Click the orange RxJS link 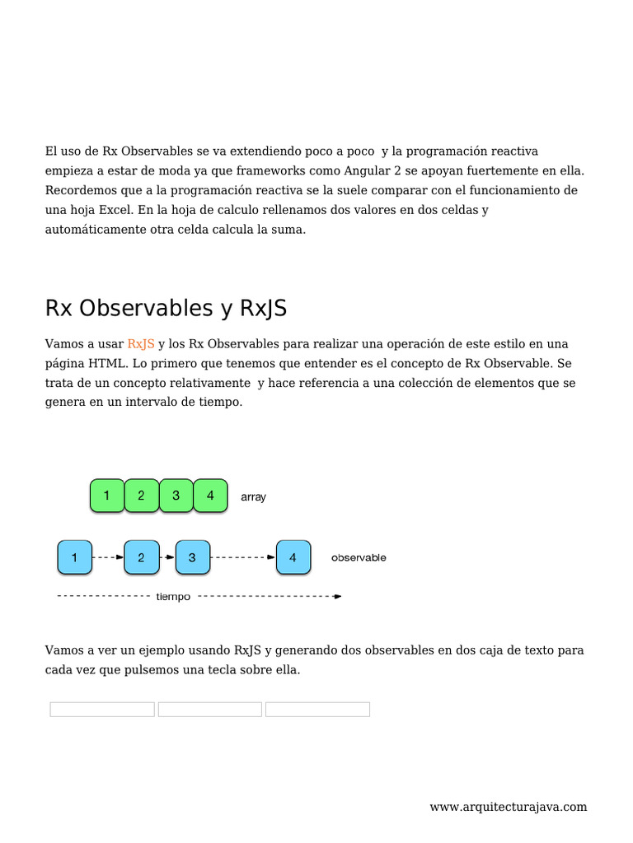[141, 343]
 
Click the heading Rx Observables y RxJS [166, 308]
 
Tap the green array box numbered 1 [106, 496]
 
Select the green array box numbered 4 [210, 496]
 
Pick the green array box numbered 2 [141, 496]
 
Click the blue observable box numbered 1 [74, 557]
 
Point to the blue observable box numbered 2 [141, 557]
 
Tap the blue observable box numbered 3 [192, 557]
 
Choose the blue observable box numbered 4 [293, 557]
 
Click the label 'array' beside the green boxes [253, 497]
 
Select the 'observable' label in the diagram [359, 557]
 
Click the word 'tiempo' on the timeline [173, 597]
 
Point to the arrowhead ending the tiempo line [338, 596]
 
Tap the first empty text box [102, 710]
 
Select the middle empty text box [210, 710]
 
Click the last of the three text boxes [317, 710]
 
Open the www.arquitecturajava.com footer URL [508, 807]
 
